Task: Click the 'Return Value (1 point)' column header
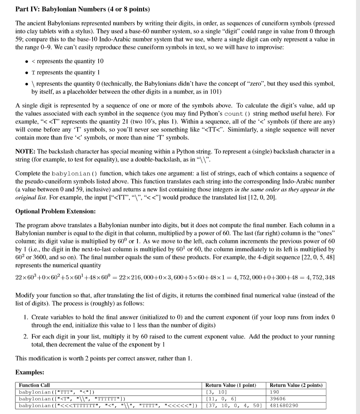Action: tap(231, 385)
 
